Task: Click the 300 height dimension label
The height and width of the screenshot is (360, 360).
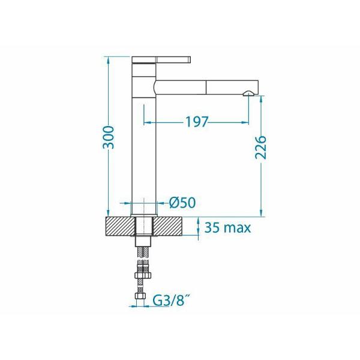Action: tap(109, 137)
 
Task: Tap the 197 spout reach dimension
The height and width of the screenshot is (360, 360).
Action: tap(197, 122)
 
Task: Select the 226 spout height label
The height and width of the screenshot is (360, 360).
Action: tap(261, 148)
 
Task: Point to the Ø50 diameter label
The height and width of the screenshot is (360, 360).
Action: tap(182, 203)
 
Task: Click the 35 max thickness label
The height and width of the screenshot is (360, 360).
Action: tap(227, 228)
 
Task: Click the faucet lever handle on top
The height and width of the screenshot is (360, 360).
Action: tap(161, 59)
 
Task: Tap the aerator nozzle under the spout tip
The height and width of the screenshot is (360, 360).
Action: tap(248, 93)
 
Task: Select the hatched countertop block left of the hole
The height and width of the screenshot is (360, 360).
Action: tap(119, 226)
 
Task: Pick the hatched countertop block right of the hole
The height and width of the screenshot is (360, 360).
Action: tap(168, 226)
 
